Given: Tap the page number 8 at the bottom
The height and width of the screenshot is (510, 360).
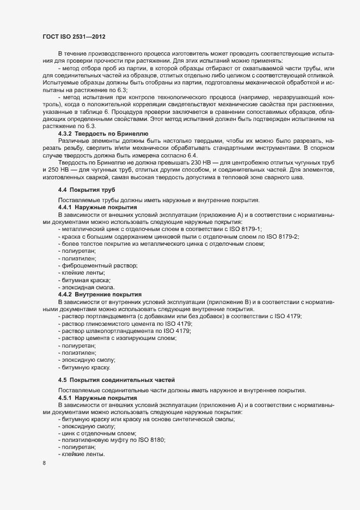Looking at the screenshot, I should [44, 464].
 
